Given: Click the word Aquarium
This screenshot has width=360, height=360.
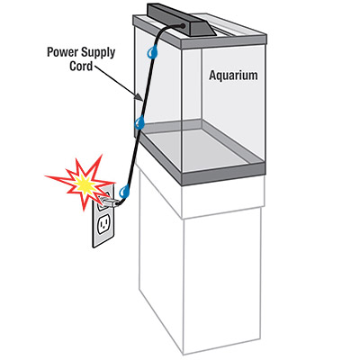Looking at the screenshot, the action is [x=233, y=76].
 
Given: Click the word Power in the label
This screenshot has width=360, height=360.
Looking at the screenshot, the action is [x=60, y=52].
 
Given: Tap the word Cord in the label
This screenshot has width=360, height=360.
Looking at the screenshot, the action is [x=81, y=66].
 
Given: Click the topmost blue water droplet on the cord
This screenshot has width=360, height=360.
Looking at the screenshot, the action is [x=152, y=51].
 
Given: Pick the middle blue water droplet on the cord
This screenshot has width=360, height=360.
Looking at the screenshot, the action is [x=139, y=123].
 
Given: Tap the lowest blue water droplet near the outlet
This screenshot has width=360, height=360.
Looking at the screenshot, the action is [x=124, y=192].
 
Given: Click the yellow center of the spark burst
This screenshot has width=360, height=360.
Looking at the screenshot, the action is [x=84, y=184].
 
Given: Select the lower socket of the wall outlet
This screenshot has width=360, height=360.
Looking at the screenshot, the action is [x=103, y=224].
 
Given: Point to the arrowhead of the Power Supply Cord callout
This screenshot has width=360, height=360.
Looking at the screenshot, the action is [x=139, y=97].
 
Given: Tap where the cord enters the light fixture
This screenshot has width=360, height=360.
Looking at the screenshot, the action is [x=182, y=26].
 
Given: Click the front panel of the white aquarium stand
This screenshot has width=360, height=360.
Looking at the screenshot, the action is [x=222, y=279].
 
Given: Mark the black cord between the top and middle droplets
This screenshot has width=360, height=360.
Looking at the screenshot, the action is [x=147, y=87].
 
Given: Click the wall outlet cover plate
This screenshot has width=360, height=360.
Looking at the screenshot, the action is [x=103, y=215].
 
